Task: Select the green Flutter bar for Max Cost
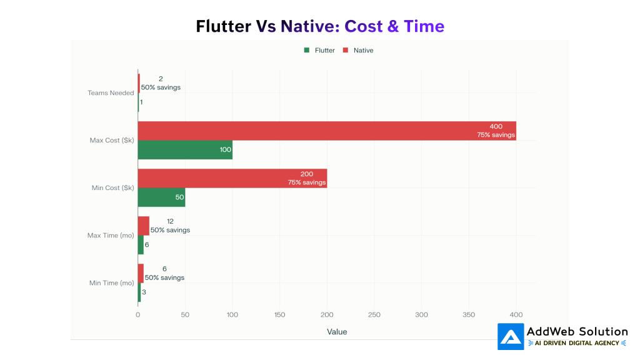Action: tap(185, 150)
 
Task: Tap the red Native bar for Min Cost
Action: tap(232, 178)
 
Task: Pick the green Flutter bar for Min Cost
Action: tap(161, 197)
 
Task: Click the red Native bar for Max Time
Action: tap(144, 226)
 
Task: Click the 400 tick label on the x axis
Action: tap(516, 315)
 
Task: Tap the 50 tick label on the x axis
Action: tap(185, 315)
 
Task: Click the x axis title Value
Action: tap(337, 331)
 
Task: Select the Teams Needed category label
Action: tap(111, 93)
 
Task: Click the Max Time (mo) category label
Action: tap(111, 236)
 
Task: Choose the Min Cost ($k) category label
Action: tap(112, 188)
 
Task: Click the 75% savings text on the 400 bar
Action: tap(496, 135)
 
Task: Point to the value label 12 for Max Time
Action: tap(170, 221)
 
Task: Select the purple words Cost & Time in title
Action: tap(394, 26)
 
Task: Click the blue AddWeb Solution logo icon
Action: tap(511, 336)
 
